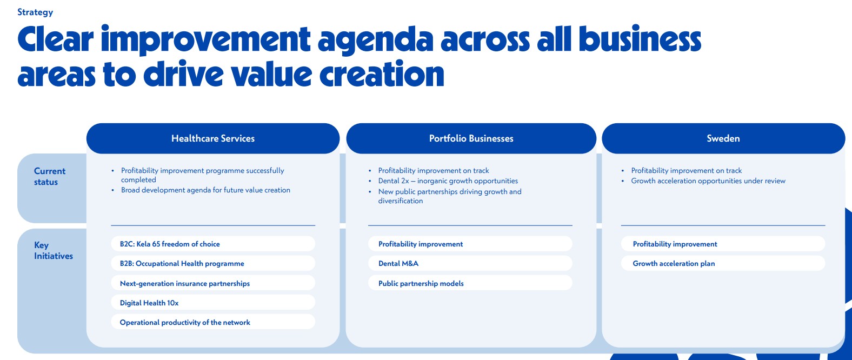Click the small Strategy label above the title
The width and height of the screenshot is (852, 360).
35,12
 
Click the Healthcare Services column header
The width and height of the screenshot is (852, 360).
213,138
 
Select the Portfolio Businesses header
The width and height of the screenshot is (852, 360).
471,138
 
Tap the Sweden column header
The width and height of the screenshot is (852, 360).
723,138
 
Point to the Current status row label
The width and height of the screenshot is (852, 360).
49,176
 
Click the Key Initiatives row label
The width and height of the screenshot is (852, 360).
53,250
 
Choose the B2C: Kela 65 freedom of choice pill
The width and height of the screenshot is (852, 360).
213,244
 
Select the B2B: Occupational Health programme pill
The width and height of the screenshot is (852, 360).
213,263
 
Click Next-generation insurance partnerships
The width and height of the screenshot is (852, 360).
213,283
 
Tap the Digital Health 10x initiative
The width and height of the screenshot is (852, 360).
213,302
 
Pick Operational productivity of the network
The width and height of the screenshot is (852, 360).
213,322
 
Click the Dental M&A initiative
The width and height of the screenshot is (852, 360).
470,263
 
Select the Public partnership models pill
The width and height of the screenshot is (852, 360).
470,283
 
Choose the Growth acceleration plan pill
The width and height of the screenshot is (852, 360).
723,263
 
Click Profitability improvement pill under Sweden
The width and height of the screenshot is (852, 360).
723,244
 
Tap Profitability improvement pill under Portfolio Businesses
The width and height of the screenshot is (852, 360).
470,244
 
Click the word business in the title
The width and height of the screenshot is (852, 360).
640,39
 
